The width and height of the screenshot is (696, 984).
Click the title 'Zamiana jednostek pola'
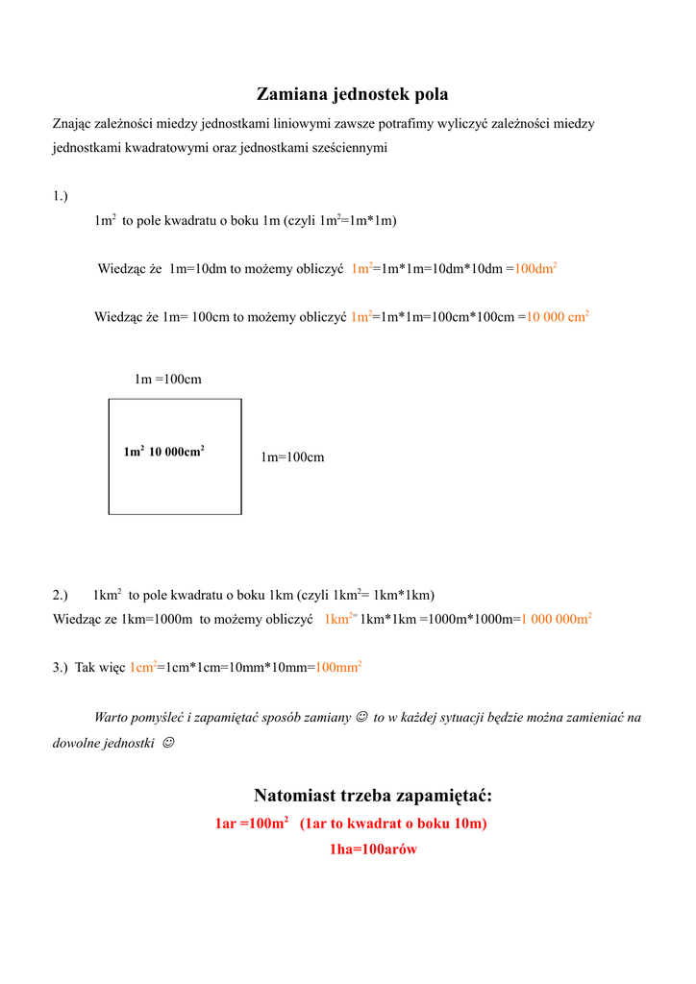pos(352,94)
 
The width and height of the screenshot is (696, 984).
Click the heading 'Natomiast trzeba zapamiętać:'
pos(373,796)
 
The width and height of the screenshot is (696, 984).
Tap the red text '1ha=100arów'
pos(373,849)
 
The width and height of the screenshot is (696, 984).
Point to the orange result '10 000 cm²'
pos(559,316)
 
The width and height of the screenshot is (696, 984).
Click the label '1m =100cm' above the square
pos(167,380)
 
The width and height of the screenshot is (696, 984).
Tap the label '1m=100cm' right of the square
pos(292,457)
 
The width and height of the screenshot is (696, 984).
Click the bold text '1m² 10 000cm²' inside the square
pos(163,452)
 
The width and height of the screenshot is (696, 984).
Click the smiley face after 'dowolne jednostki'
pos(169,744)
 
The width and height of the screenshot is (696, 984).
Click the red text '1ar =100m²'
pos(253,824)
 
